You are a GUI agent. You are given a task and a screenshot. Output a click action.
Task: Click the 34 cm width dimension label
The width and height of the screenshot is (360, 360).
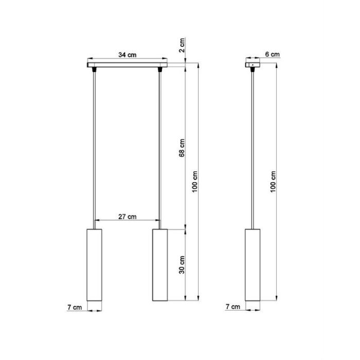click(x=127, y=55)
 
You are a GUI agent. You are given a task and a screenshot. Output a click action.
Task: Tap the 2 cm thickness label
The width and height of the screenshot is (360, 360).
click(x=182, y=45)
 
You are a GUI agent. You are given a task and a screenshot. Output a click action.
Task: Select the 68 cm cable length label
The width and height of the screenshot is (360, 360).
click(x=182, y=148)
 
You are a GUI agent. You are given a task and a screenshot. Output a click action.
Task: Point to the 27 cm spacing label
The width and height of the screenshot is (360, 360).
click(x=127, y=217)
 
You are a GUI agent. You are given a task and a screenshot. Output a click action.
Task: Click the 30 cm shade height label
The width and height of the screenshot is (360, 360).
click(x=182, y=265)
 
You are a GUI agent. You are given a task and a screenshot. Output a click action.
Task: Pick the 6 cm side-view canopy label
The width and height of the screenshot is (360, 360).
click(x=272, y=55)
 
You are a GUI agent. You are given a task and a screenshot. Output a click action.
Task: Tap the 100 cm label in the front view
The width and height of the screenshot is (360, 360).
click(x=195, y=182)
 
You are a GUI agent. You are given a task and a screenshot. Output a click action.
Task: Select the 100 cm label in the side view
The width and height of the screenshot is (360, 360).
click(x=273, y=182)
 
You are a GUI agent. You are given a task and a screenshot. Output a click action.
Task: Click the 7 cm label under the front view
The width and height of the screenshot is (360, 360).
click(x=75, y=307)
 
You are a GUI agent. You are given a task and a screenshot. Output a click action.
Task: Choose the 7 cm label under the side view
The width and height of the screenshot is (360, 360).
click(x=233, y=307)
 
